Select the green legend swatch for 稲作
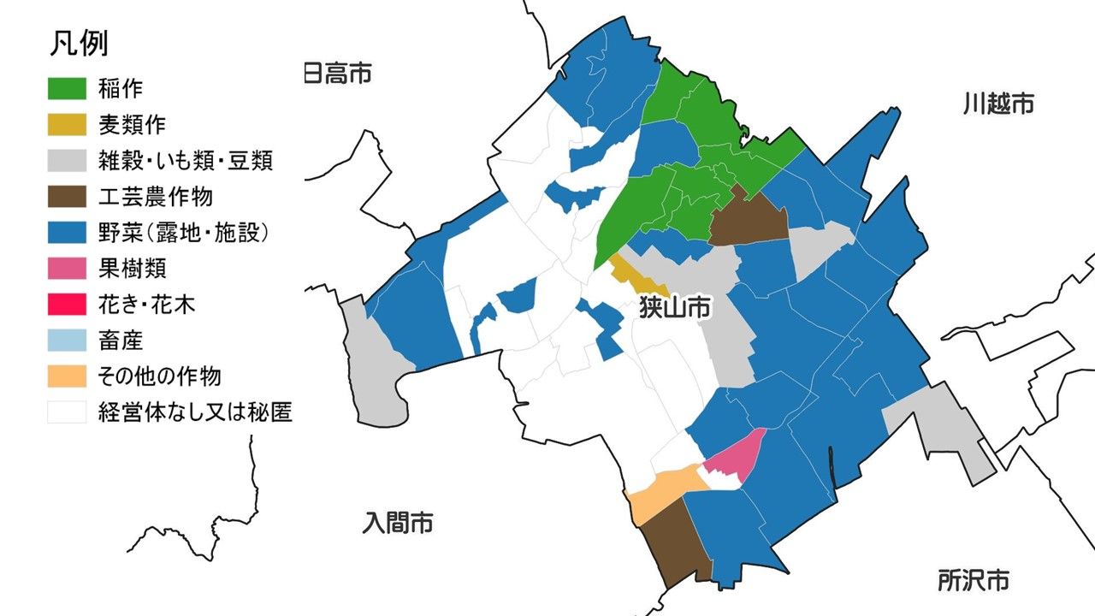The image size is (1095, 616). [x=67, y=88]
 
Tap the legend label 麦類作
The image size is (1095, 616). [x=132, y=124]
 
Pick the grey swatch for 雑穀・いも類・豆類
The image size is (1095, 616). [x=67, y=160]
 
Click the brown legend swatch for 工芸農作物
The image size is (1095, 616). [x=67, y=196]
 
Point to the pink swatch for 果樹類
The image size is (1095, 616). [x=67, y=268]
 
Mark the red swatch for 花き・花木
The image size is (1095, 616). [x=67, y=304]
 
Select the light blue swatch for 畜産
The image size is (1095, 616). [x=67, y=340]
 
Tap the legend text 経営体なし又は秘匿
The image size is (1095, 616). [x=196, y=412]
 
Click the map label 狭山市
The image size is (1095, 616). [x=675, y=308]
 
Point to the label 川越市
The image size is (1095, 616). [x=998, y=104]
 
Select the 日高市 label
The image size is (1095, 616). [x=339, y=74]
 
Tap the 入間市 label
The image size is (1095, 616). [x=397, y=522]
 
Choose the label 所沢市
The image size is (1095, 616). [x=973, y=580]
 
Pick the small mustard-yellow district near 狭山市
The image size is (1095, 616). [x=637, y=275]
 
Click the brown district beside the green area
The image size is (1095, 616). [x=747, y=219]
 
